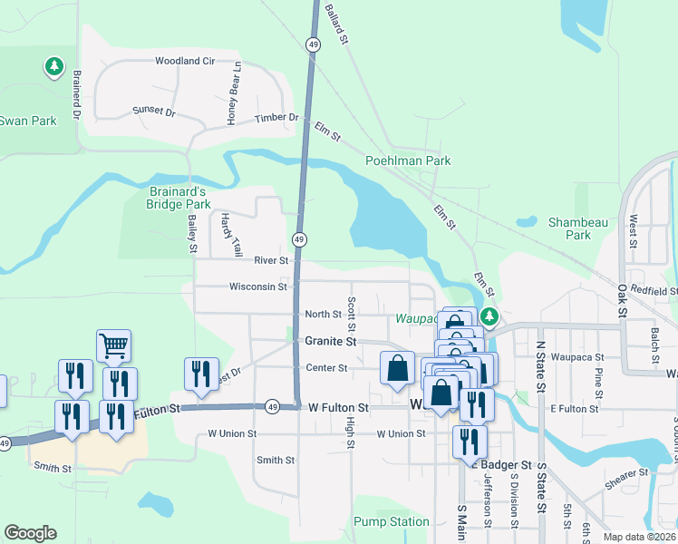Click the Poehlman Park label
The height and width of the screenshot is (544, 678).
point(408,160)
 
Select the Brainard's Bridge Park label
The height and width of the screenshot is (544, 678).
point(178,198)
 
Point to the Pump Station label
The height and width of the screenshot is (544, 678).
point(392,521)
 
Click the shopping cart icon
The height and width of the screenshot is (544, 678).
point(113,345)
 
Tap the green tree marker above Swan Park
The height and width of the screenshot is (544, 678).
point(54,66)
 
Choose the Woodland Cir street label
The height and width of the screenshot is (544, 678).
point(184,61)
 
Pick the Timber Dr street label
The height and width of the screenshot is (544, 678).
point(276,118)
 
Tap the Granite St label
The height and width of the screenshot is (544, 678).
point(328,341)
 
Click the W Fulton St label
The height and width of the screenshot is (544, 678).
point(338,408)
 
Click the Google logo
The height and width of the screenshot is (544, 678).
point(30,533)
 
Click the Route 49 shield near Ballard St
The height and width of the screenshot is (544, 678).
point(313,44)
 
